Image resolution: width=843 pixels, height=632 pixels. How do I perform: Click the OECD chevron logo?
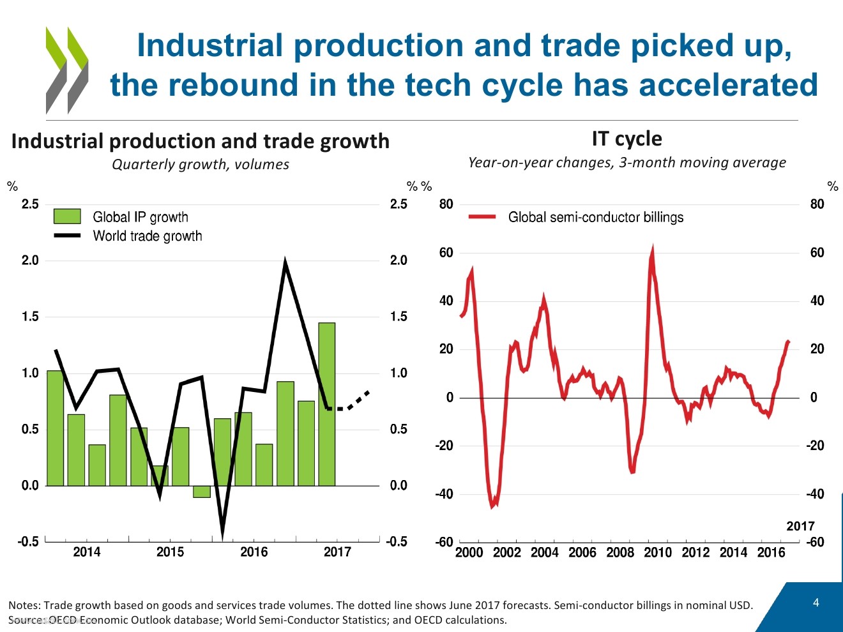point(66,70)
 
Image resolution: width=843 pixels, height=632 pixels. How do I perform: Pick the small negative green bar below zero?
point(202,492)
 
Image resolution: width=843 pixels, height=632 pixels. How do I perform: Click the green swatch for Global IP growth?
point(67,216)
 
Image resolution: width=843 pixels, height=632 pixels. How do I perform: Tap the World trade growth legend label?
point(148,236)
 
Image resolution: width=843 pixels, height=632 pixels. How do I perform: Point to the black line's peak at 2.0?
point(285,261)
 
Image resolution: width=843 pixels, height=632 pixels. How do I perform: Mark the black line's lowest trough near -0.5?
point(222,533)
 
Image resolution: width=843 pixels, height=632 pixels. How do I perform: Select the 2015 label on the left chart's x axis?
point(170,552)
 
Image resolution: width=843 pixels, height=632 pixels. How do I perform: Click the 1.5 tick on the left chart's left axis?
point(30,317)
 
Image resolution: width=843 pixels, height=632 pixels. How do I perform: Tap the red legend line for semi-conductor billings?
point(482,217)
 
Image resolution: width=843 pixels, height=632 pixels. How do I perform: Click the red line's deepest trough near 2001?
point(492,506)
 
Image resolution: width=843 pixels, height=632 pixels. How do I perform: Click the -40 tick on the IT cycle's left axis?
point(444,494)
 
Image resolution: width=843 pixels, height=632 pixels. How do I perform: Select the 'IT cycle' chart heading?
point(627,139)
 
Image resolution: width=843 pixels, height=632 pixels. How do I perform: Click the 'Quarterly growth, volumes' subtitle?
point(201,165)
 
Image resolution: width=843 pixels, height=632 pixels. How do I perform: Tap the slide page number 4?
point(816,603)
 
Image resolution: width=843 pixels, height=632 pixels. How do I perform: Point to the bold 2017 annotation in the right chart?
point(800,526)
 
